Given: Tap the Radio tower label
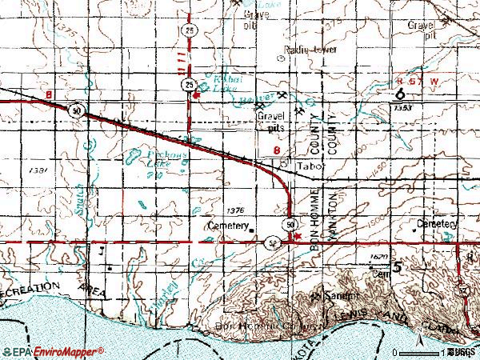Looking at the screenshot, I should [311, 50].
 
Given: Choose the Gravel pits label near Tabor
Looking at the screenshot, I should [271, 121].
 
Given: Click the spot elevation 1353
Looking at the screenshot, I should [402, 107].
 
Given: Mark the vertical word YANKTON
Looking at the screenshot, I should [329, 218].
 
